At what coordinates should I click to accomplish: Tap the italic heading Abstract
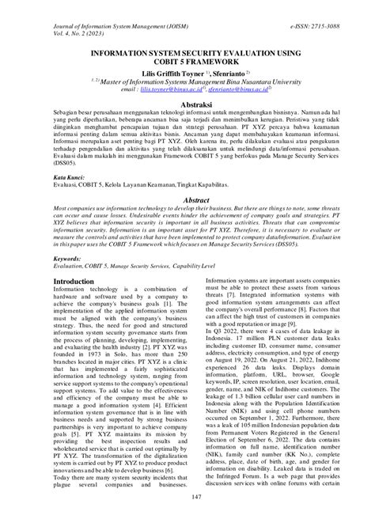point(187,201)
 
